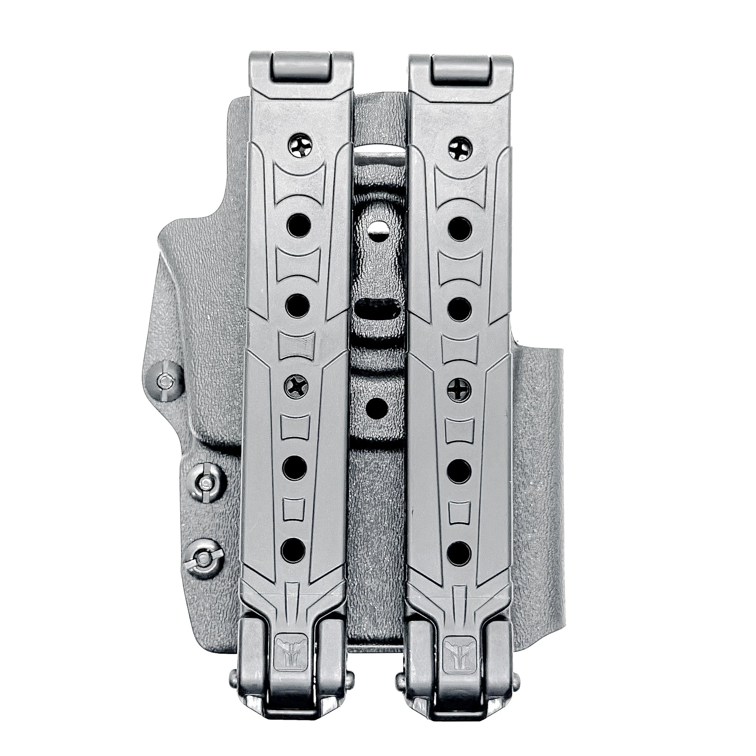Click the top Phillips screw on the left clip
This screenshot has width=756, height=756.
pos(301,148)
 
